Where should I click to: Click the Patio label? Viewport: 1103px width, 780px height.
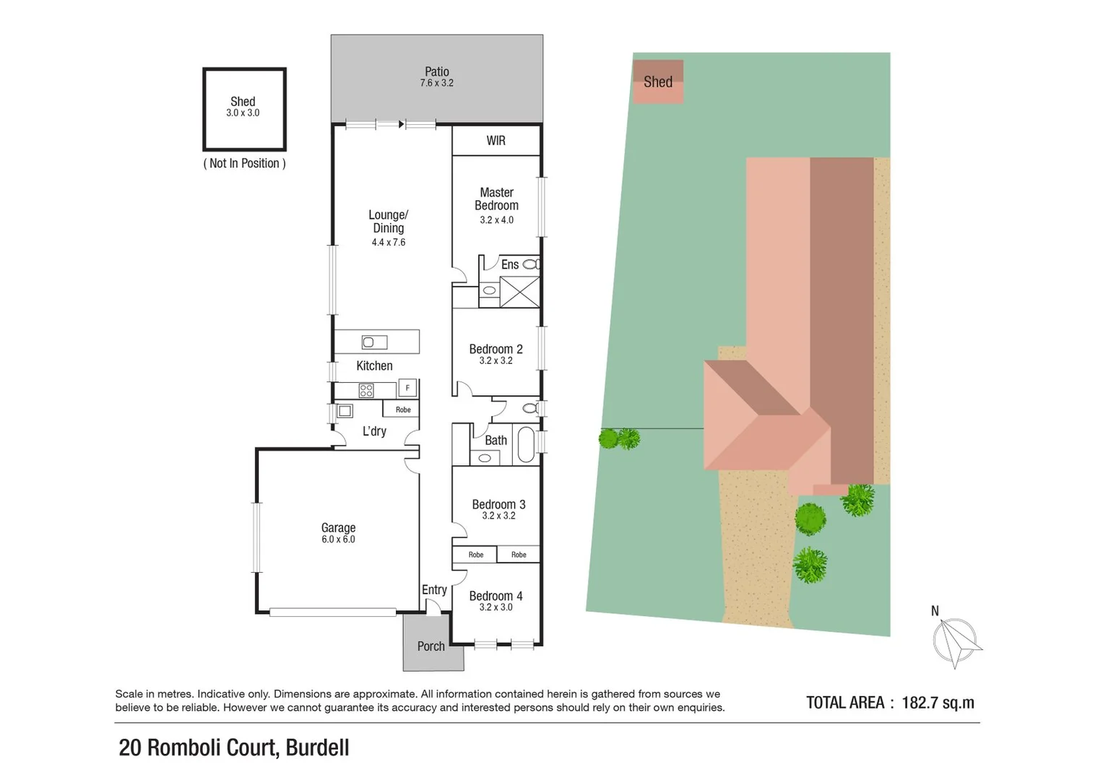(436, 71)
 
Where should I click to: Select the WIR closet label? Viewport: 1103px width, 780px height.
(496, 141)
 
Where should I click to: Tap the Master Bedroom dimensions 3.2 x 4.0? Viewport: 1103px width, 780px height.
(496, 220)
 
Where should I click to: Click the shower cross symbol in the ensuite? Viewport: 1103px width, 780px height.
(519, 292)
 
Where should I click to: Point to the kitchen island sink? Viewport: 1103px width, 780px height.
(374, 342)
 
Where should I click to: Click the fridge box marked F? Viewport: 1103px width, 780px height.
(407, 388)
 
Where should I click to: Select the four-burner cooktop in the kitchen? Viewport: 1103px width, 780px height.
(366, 391)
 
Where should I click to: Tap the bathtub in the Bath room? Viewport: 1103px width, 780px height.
(525, 446)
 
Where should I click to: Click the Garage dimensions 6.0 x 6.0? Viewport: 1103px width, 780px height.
(338, 539)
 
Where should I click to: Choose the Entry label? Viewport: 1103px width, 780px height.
(434, 590)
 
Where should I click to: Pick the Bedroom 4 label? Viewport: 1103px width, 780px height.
(496, 596)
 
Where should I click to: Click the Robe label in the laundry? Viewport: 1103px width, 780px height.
(403, 409)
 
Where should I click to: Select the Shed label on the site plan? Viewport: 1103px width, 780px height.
(658, 82)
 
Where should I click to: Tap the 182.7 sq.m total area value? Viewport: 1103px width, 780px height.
(938, 703)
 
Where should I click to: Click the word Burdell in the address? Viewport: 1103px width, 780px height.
(317, 747)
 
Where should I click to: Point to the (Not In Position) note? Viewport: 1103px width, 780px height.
(244, 163)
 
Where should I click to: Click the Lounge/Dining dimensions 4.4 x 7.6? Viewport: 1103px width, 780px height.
(389, 243)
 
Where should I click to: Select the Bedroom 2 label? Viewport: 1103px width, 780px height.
(496, 349)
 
